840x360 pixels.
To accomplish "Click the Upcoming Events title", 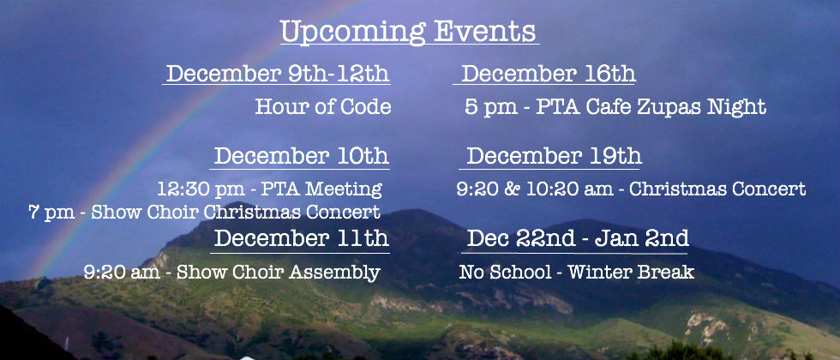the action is (408, 32).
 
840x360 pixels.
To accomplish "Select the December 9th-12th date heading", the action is (278, 74).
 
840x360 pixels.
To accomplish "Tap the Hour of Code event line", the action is (323, 106).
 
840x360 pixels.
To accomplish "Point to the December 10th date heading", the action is (302, 156).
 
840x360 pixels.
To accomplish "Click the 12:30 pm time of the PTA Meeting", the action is (200, 189).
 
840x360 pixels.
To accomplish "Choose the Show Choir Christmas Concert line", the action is (204, 213).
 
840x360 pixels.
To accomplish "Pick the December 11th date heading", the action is (302, 238).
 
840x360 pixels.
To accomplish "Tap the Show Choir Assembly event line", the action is (232, 273).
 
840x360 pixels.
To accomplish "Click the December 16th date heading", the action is (549, 74).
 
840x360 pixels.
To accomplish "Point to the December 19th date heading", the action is (554, 156).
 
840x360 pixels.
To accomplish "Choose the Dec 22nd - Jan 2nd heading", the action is (578, 238).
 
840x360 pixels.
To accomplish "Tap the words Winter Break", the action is (631, 273).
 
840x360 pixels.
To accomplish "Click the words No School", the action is (505, 273).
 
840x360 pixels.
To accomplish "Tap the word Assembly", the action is (334, 273).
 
